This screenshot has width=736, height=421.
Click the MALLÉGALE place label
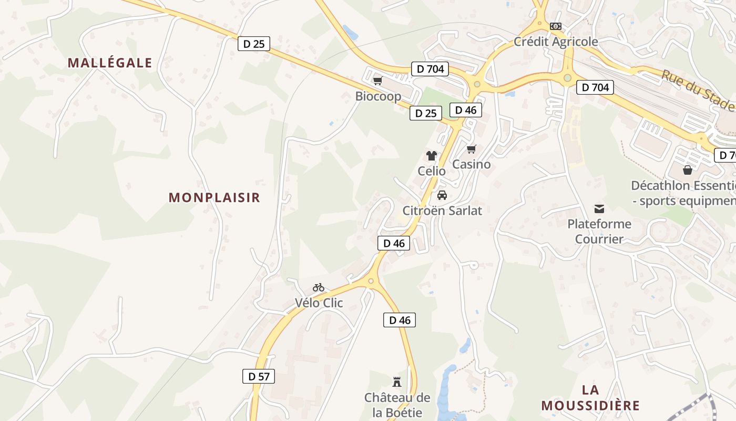(110, 63)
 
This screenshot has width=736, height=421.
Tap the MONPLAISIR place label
(214, 198)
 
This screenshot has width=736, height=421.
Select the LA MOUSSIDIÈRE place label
(590, 398)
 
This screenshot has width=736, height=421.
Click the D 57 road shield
(259, 376)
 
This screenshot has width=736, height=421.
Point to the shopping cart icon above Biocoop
(377, 81)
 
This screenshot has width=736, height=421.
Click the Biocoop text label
(378, 96)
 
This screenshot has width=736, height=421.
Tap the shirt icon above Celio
(431, 156)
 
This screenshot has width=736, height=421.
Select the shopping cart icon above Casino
(472, 149)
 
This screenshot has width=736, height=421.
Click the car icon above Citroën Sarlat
(442, 195)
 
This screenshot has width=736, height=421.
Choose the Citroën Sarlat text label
(442, 210)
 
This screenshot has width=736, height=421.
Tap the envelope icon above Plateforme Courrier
(599, 208)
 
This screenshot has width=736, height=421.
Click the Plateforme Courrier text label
(599, 232)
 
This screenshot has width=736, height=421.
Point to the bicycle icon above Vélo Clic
(319, 287)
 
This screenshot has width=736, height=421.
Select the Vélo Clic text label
(319, 303)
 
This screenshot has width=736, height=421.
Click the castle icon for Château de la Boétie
(397, 382)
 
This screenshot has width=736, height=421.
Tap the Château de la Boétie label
(397, 405)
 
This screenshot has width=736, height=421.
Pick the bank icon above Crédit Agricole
(556, 26)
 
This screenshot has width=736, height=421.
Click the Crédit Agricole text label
(556, 42)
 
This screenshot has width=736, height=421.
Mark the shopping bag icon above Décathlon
(687, 170)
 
